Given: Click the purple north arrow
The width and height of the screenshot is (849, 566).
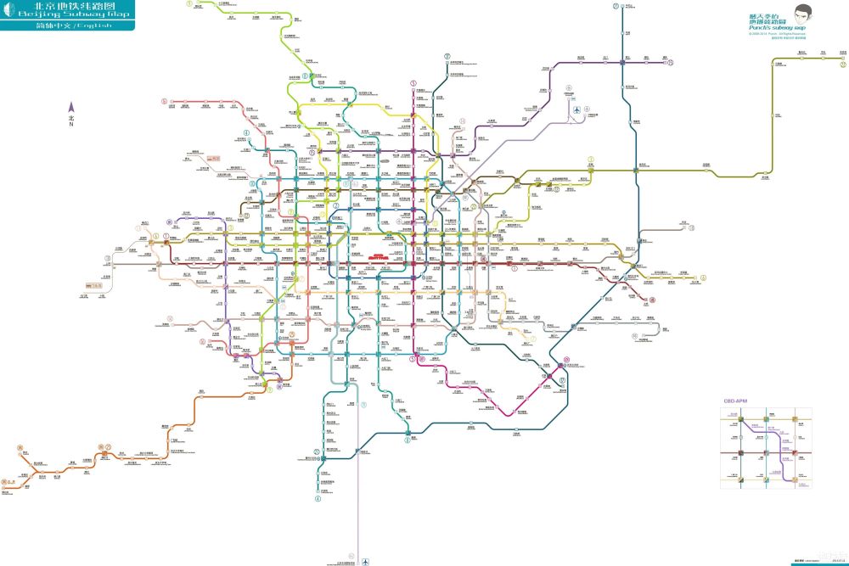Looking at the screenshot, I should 71,108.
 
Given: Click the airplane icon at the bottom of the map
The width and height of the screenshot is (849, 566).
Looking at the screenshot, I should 366,561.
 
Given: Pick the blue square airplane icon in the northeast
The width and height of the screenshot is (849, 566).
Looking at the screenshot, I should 576,109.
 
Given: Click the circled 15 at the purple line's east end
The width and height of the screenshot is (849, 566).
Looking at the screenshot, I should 670,62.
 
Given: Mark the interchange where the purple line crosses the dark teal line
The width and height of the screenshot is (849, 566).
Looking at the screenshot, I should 622,62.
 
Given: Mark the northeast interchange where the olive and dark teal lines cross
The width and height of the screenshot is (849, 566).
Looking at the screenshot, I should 636,170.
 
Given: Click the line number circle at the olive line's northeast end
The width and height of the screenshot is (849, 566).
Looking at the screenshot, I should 778,63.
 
